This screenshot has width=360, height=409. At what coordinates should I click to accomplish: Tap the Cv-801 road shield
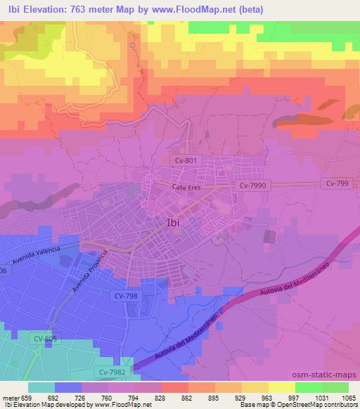pyautogui.click(x=186, y=160)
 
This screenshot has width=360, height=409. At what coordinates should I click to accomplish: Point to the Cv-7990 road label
pyautogui.click(x=252, y=186)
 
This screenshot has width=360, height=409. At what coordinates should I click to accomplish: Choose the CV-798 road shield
pyautogui.click(x=125, y=296)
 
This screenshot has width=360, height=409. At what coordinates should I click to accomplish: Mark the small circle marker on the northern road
pyautogui.click(x=132, y=44)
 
